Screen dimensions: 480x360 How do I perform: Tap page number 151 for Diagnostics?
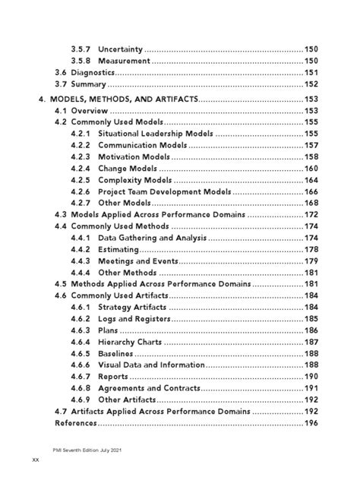[x=311, y=72]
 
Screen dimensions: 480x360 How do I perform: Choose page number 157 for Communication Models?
[x=311, y=145]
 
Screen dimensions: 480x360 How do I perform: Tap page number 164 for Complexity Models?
[x=311, y=180]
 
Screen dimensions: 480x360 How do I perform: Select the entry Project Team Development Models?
[x=163, y=191]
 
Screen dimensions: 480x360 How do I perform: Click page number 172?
[x=311, y=215]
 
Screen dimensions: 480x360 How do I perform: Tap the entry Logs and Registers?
[x=134, y=319]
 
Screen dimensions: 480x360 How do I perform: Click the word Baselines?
[x=115, y=354]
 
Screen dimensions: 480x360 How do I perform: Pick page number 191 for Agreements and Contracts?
[x=311, y=388]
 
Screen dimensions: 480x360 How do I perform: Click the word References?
[x=76, y=423]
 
